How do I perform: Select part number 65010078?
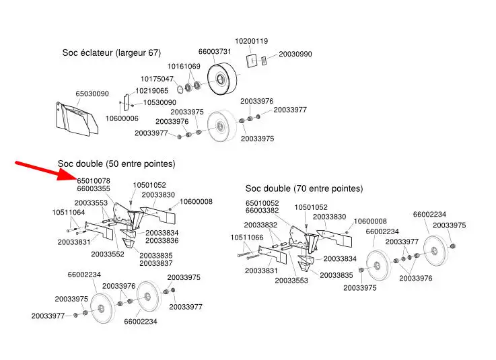pyautogui.click(x=94, y=180)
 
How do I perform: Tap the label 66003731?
pyautogui.click(x=215, y=51)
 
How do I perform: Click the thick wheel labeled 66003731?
pyautogui.click(x=222, y=79)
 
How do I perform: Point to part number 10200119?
pyautogui.click(x=252, y=41)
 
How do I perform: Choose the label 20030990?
pyautogui.click(x=295, y=54)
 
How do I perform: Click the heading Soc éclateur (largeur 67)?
pyautogui.click(x=112, y=52)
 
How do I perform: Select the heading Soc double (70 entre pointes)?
pyautogui.click(x=304, y=188)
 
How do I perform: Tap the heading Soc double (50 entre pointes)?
pyautogui.click(x=116, y=164)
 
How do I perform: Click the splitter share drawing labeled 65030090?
pyautogui.click(x=77, y=119)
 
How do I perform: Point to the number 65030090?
pyautogui.click(x=92, y=94)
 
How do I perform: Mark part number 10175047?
pyautogui.click(x=157, y=79)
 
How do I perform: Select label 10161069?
pyautogui.click(x=184, y=67)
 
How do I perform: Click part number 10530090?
pyautogui.click(x=160, y=102)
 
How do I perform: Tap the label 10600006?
pyautogui.click(x=122, y=118)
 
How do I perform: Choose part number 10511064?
pyautogui.click(x=69, y=212)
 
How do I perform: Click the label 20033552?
pyautogui.click(x=108, y=254)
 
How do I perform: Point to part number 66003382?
pyautogui.click(x=262, y=211)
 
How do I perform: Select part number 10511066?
pyautogui.click(x=247, y=238)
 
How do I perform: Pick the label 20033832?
pyautogui.click(x=260, y=225)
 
